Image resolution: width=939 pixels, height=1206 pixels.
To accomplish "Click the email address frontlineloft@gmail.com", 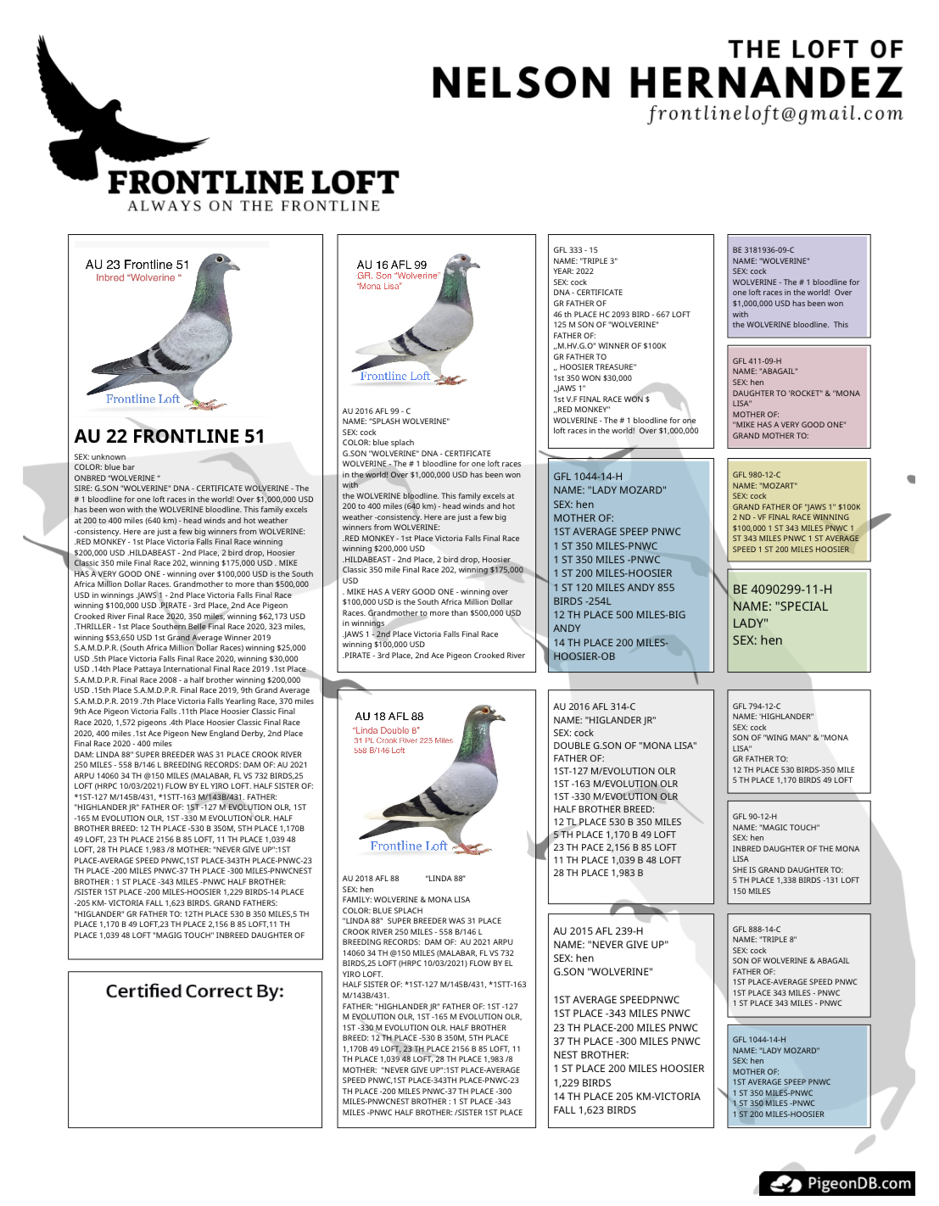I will point(775,114).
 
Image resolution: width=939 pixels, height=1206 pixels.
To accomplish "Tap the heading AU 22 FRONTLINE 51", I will point(170,436).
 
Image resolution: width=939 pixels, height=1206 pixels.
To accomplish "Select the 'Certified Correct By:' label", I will point(194,991).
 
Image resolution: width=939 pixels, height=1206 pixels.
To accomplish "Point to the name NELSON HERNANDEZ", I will point(667,83).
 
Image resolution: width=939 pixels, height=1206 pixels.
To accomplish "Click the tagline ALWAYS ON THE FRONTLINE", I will point(254,206).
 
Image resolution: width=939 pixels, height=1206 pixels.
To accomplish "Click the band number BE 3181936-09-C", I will point(763,250).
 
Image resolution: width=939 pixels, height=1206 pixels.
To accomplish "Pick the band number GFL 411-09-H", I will point(757,361).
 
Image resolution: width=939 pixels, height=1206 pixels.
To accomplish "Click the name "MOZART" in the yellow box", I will point(778,486).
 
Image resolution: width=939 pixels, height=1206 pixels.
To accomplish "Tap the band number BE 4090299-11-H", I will point(782,589).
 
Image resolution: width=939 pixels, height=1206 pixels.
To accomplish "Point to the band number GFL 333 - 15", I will point(576,250).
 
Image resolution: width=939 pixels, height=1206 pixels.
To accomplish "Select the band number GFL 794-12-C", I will point(757,706).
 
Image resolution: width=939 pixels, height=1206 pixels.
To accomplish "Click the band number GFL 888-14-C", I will point(757,930).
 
